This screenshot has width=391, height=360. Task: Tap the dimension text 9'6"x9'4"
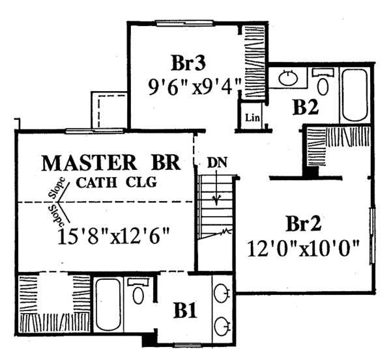pyautogui.click(x=195, y=85)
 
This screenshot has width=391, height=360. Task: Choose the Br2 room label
pyautogui.click(x=304, y=225)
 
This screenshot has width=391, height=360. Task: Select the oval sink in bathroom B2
pyautogui.click(x=288, y=79)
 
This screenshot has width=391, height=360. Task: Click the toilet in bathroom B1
pyautogui.click(x=138, y=292)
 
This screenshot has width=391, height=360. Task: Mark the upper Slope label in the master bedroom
pyautogui.click(x=56, y=189)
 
